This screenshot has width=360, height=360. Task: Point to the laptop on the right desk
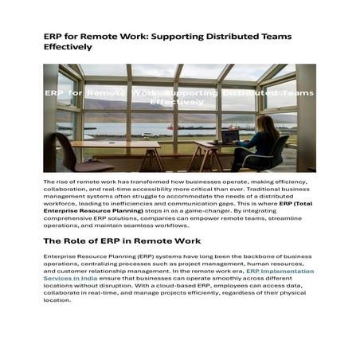pos(232,136)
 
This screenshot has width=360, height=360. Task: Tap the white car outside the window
pos(147,135)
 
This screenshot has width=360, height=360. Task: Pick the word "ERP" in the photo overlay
pos(55,93)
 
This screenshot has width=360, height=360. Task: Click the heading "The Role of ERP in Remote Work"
pos(122,241)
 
